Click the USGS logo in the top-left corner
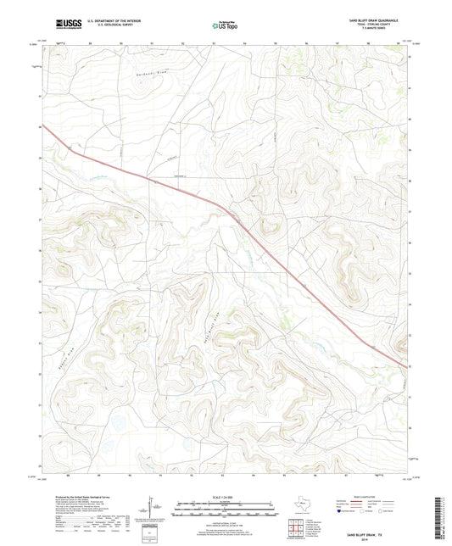(64, 25)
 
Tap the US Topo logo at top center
(225, 25)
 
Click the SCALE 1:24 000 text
(225, 496)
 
